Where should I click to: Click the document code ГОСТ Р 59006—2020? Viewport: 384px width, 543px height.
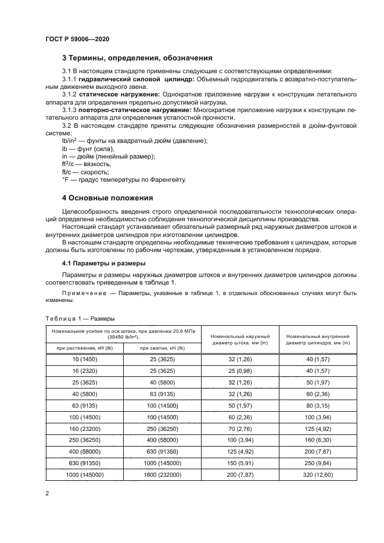(x=77, y=39)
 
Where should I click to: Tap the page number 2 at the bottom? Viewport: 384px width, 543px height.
(x=46, y=493)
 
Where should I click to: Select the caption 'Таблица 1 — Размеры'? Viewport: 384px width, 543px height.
(x=80, y=319)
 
